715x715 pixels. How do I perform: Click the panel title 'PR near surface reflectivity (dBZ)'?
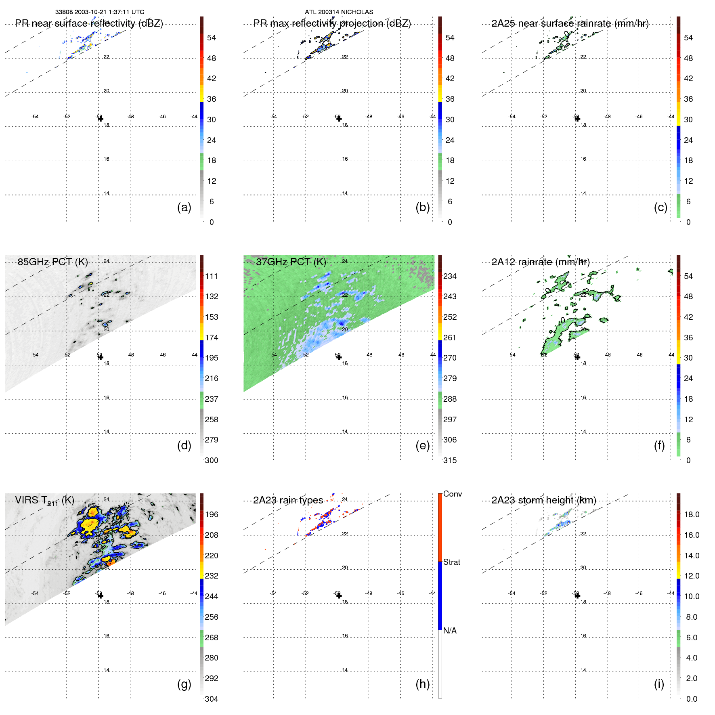pyautogui.click(x=89, y=23)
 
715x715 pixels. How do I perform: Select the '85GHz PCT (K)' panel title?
pyautogui.click(x=52, y=262)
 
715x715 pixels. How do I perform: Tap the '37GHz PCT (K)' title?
pyautogui.click(x=291, y=262)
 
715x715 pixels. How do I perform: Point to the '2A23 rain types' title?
pyautogui.click(x=288, y=500)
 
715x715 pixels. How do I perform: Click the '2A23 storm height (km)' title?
pyautogui.click(x=543, y=500)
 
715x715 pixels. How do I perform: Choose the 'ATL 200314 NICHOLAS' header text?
pyautogui.click(x=339, y=12)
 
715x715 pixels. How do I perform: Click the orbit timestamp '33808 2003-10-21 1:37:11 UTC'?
pyautogui.click(x=100, y=12)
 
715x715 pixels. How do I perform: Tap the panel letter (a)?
pyautogui.click(x=184, y=207)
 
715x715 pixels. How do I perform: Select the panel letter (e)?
pyautogui.click(x=422, y=445)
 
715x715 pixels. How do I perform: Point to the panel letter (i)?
pyautogui.click(x=659, y=684)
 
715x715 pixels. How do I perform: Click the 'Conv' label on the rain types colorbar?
pyautogui.click(x=452, y=494)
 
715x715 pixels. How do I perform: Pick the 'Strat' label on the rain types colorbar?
pyautogui.click(x=451, y=562)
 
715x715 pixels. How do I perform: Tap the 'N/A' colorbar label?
pyautogui.click(x=450, y=631)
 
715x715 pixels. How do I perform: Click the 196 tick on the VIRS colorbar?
pyautogui.click(x=212, y=514)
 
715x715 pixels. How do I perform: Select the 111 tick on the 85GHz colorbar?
pyautogui.click(x=212, y=276)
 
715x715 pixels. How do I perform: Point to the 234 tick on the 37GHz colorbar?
pyautogui.click(x=450, y=276)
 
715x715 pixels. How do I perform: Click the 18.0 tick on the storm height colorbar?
pyautogui.click(x=691, y=514)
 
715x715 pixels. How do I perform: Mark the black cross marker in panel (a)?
pyautogui.click(x=101, y=119)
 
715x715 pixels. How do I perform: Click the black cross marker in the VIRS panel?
pyautogui.click(x=101, y=595)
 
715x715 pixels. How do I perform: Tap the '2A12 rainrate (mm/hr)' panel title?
pyautogui.click(x=540, y=262)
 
